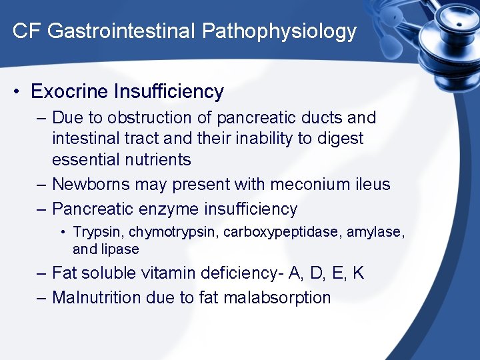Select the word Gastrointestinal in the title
click(x=121, y=31)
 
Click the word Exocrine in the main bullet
click(x=69, y=91)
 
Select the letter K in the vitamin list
click(x=359, y=273)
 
